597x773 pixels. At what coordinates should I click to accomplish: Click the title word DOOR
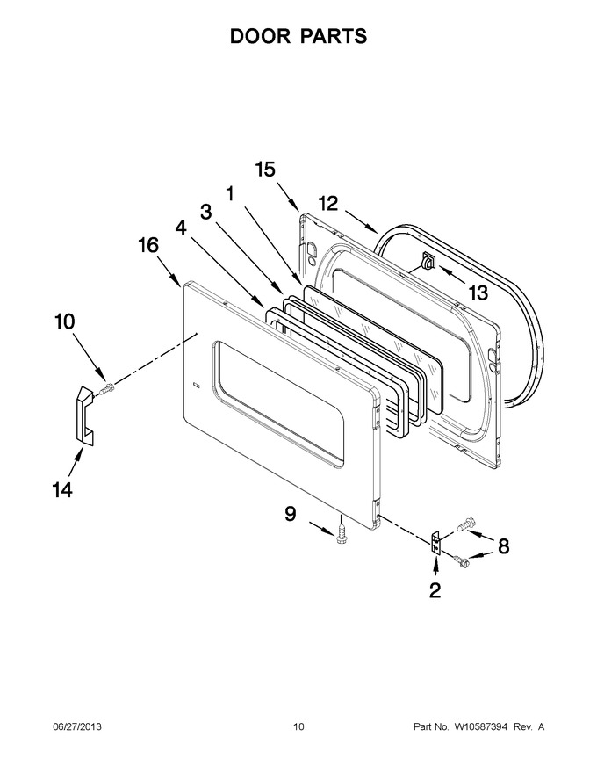click(x=261, y=36)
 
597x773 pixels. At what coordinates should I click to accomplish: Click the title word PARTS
click(x=334, y=36)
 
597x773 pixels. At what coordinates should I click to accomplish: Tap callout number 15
click(x=265, y=170)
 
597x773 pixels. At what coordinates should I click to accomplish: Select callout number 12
click(x=328, y=203)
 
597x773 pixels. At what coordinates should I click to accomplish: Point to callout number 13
click(x=478, y=293)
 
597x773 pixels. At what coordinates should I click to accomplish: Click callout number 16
click(x=148, y=245)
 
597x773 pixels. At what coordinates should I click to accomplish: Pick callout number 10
click(x=64, y=321)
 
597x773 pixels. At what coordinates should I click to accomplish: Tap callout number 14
click(x=62, y=490)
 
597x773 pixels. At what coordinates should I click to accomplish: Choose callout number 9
click(x=291, y=514)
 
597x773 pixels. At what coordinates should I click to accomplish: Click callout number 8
click(x=503, y=546)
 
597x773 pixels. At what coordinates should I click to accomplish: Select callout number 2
click(x=435, y=590)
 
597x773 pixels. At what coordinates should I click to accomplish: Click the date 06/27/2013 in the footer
click(x=77, y=727)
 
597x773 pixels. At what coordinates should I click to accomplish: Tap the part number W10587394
click(x=480, y=727)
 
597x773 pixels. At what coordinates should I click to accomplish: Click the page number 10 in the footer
click(x=298, y=727)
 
